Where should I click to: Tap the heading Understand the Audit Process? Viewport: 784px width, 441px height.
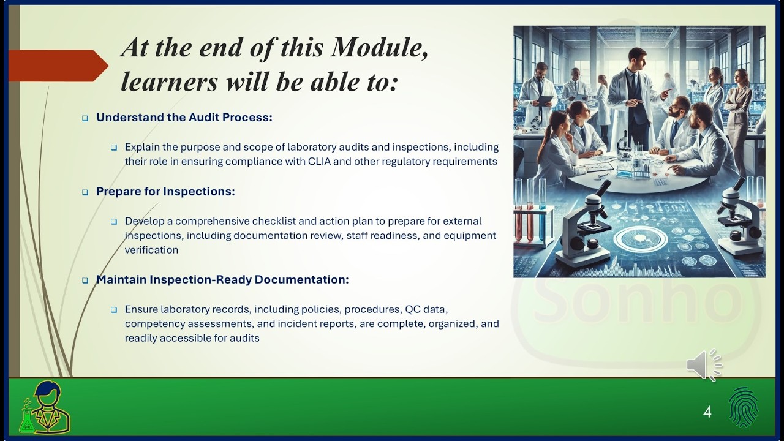[184, 117]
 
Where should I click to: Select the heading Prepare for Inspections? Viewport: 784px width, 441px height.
[165, 191]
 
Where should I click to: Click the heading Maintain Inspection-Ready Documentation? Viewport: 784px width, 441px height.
[222, 279]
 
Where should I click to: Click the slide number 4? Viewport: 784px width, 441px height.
[707, 412]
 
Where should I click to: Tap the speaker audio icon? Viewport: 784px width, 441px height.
[703, 366]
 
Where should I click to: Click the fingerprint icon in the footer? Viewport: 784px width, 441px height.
[743, 407]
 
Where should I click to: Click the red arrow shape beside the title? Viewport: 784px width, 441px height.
[58, 66]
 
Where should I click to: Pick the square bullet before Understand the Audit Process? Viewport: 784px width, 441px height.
[85, 118]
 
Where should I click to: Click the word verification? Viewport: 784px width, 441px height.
[151, 250]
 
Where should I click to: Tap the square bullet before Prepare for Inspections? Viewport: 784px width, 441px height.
[85, 192]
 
